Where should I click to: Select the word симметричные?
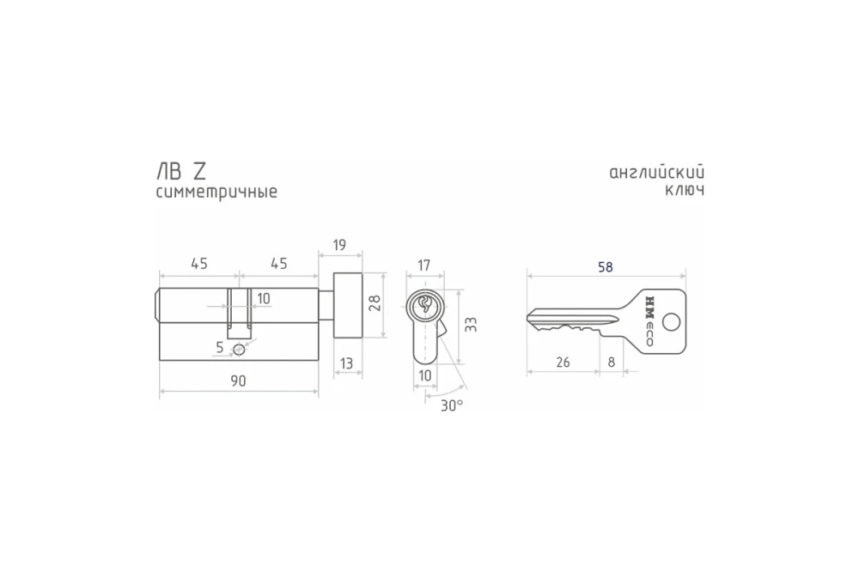(x=216, y=192)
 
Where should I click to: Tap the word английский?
(x=656, y=172)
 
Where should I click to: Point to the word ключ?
(x=685, y=191)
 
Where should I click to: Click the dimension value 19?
(x=338, y=246)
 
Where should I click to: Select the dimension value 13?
(x=346, y=363)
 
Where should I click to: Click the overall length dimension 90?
(x=238, y=382)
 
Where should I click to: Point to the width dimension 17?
(x=423, y=265)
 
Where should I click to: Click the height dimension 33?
(x=470, y=323)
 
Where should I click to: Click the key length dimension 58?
(x=606, y=267)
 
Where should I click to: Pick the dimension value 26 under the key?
(x=563, y=363)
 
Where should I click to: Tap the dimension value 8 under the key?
(x=611, y=363)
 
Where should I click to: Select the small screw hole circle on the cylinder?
(x=240, y=350)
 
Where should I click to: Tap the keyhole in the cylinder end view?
(x=424, y=306)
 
